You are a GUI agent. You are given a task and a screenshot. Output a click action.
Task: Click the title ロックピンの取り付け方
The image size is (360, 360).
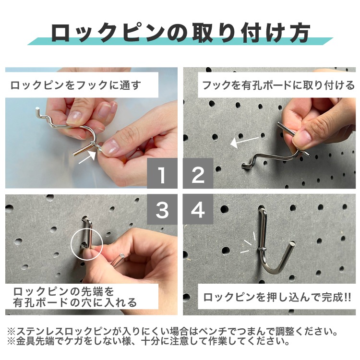[180, 33]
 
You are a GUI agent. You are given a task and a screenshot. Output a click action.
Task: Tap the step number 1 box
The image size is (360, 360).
[162, 175]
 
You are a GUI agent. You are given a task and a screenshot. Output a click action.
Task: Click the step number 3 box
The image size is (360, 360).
[162, 210]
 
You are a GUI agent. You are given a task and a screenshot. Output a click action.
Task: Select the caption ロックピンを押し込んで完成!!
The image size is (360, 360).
[277, 297]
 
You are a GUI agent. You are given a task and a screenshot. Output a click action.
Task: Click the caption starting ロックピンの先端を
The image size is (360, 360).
[75, 297]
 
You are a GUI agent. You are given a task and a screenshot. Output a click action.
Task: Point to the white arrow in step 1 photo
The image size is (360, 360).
[87, 157]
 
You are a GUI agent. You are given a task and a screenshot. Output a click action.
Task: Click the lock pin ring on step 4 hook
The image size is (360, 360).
[264, 247]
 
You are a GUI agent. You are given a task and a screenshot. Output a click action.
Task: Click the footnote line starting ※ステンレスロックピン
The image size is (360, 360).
[171, 331]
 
